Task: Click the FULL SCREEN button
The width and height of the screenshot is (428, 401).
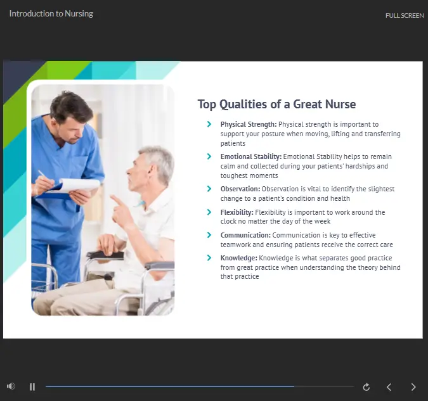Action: [x=405, y=16]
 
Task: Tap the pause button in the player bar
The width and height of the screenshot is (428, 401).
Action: [x=32, y=387]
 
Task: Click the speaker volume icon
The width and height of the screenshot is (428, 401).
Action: [x=11, y=386]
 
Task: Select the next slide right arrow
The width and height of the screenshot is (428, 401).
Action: [x=413, y=387]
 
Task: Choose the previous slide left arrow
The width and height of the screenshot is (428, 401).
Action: [x=389, y=387]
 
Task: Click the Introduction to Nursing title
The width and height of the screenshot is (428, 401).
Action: [x=51, y=14]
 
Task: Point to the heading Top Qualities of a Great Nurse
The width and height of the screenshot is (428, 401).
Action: [x=276, y=104]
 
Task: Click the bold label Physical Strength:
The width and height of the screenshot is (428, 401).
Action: [x=249, y=124]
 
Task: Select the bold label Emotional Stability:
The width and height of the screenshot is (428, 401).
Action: [x=251, y=156]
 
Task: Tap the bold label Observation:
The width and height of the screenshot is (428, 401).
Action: [x=240, y=189]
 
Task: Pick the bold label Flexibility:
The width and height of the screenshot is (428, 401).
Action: [x=237, y=212]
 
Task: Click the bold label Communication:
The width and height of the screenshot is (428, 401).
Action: [x=245, y=235]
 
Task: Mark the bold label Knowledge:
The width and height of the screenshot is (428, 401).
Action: [x=238, y=258]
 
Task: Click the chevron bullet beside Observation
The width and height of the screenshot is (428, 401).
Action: [x=209, y=189]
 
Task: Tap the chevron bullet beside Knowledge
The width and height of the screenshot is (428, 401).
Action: [x=209, y=258]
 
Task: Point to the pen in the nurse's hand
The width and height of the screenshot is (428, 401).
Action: [x=44, y=176]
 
